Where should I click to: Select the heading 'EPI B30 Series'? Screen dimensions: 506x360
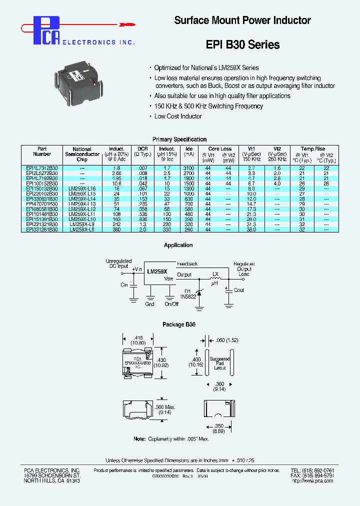point(242,44)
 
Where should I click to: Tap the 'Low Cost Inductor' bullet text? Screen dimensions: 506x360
point(178,116)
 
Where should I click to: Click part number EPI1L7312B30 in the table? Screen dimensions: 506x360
point(42,168)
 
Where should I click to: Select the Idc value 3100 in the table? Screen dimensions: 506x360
point(188,168)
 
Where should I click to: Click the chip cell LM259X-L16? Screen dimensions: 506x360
point(82,188)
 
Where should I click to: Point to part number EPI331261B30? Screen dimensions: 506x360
point(42,229)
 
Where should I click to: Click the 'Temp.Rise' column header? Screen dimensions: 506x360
point(312,148)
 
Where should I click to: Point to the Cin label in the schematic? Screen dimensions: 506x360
point(124,284)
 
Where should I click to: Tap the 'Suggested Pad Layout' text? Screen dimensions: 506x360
point(219,363)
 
